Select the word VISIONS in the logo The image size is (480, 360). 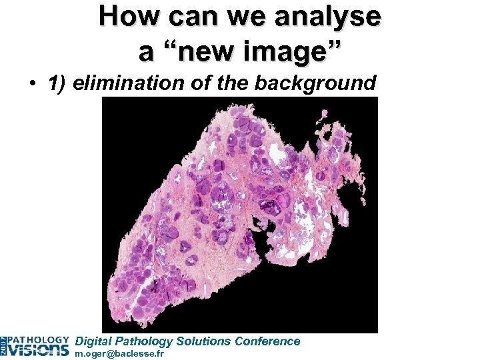coord(39,349)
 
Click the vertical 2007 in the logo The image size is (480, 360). coord(4,345)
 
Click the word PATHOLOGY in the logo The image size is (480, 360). coord(39,339)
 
